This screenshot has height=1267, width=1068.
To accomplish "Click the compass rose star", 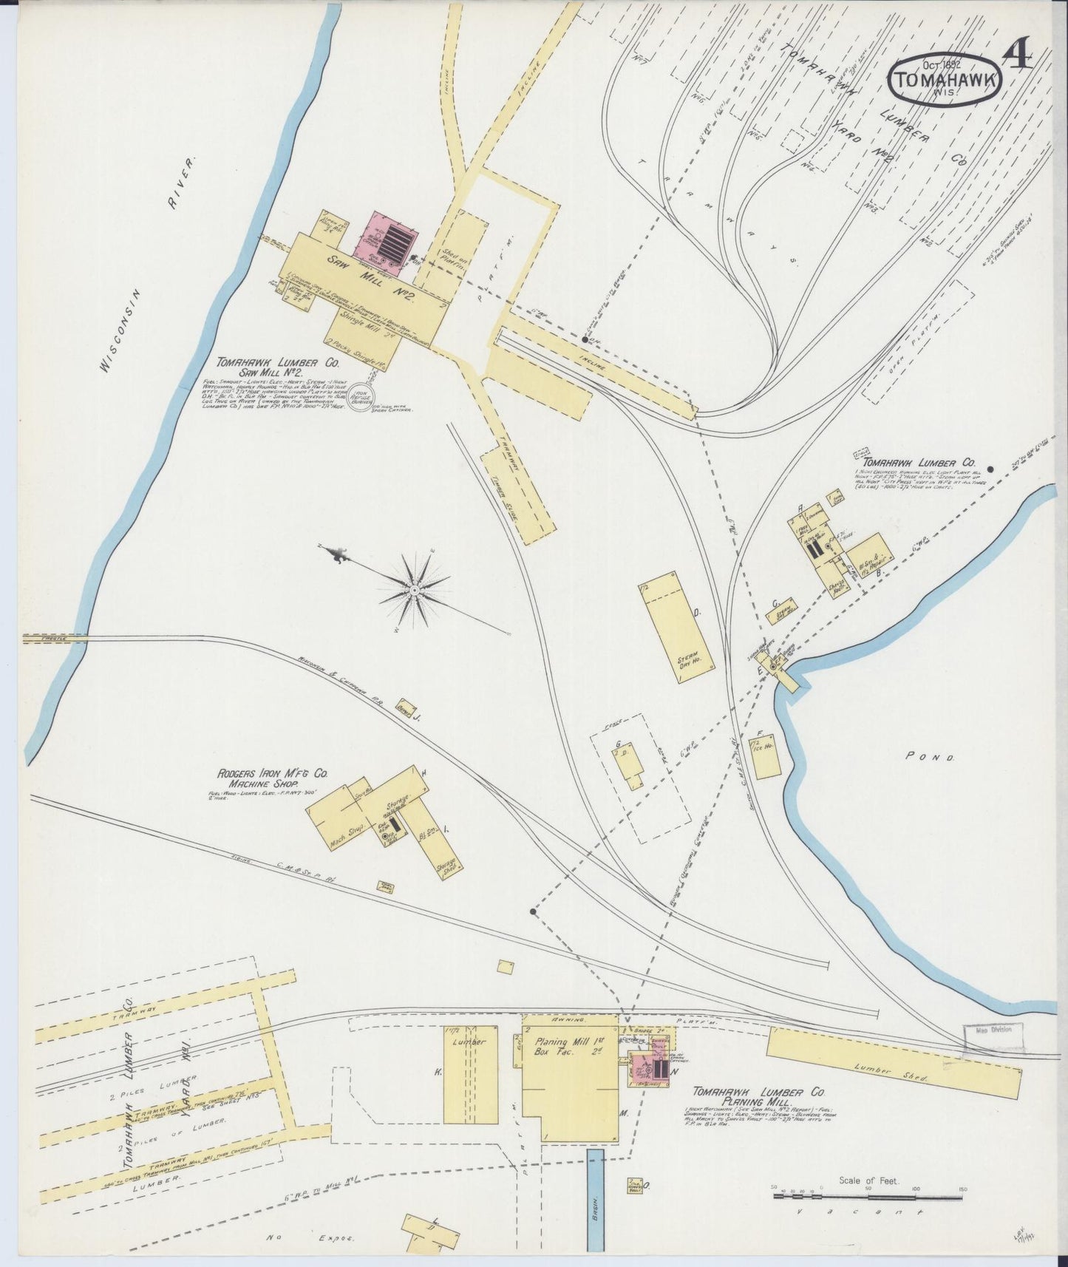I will tap(414, 591).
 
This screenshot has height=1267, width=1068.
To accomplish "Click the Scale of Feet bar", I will tap(868, 1195).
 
